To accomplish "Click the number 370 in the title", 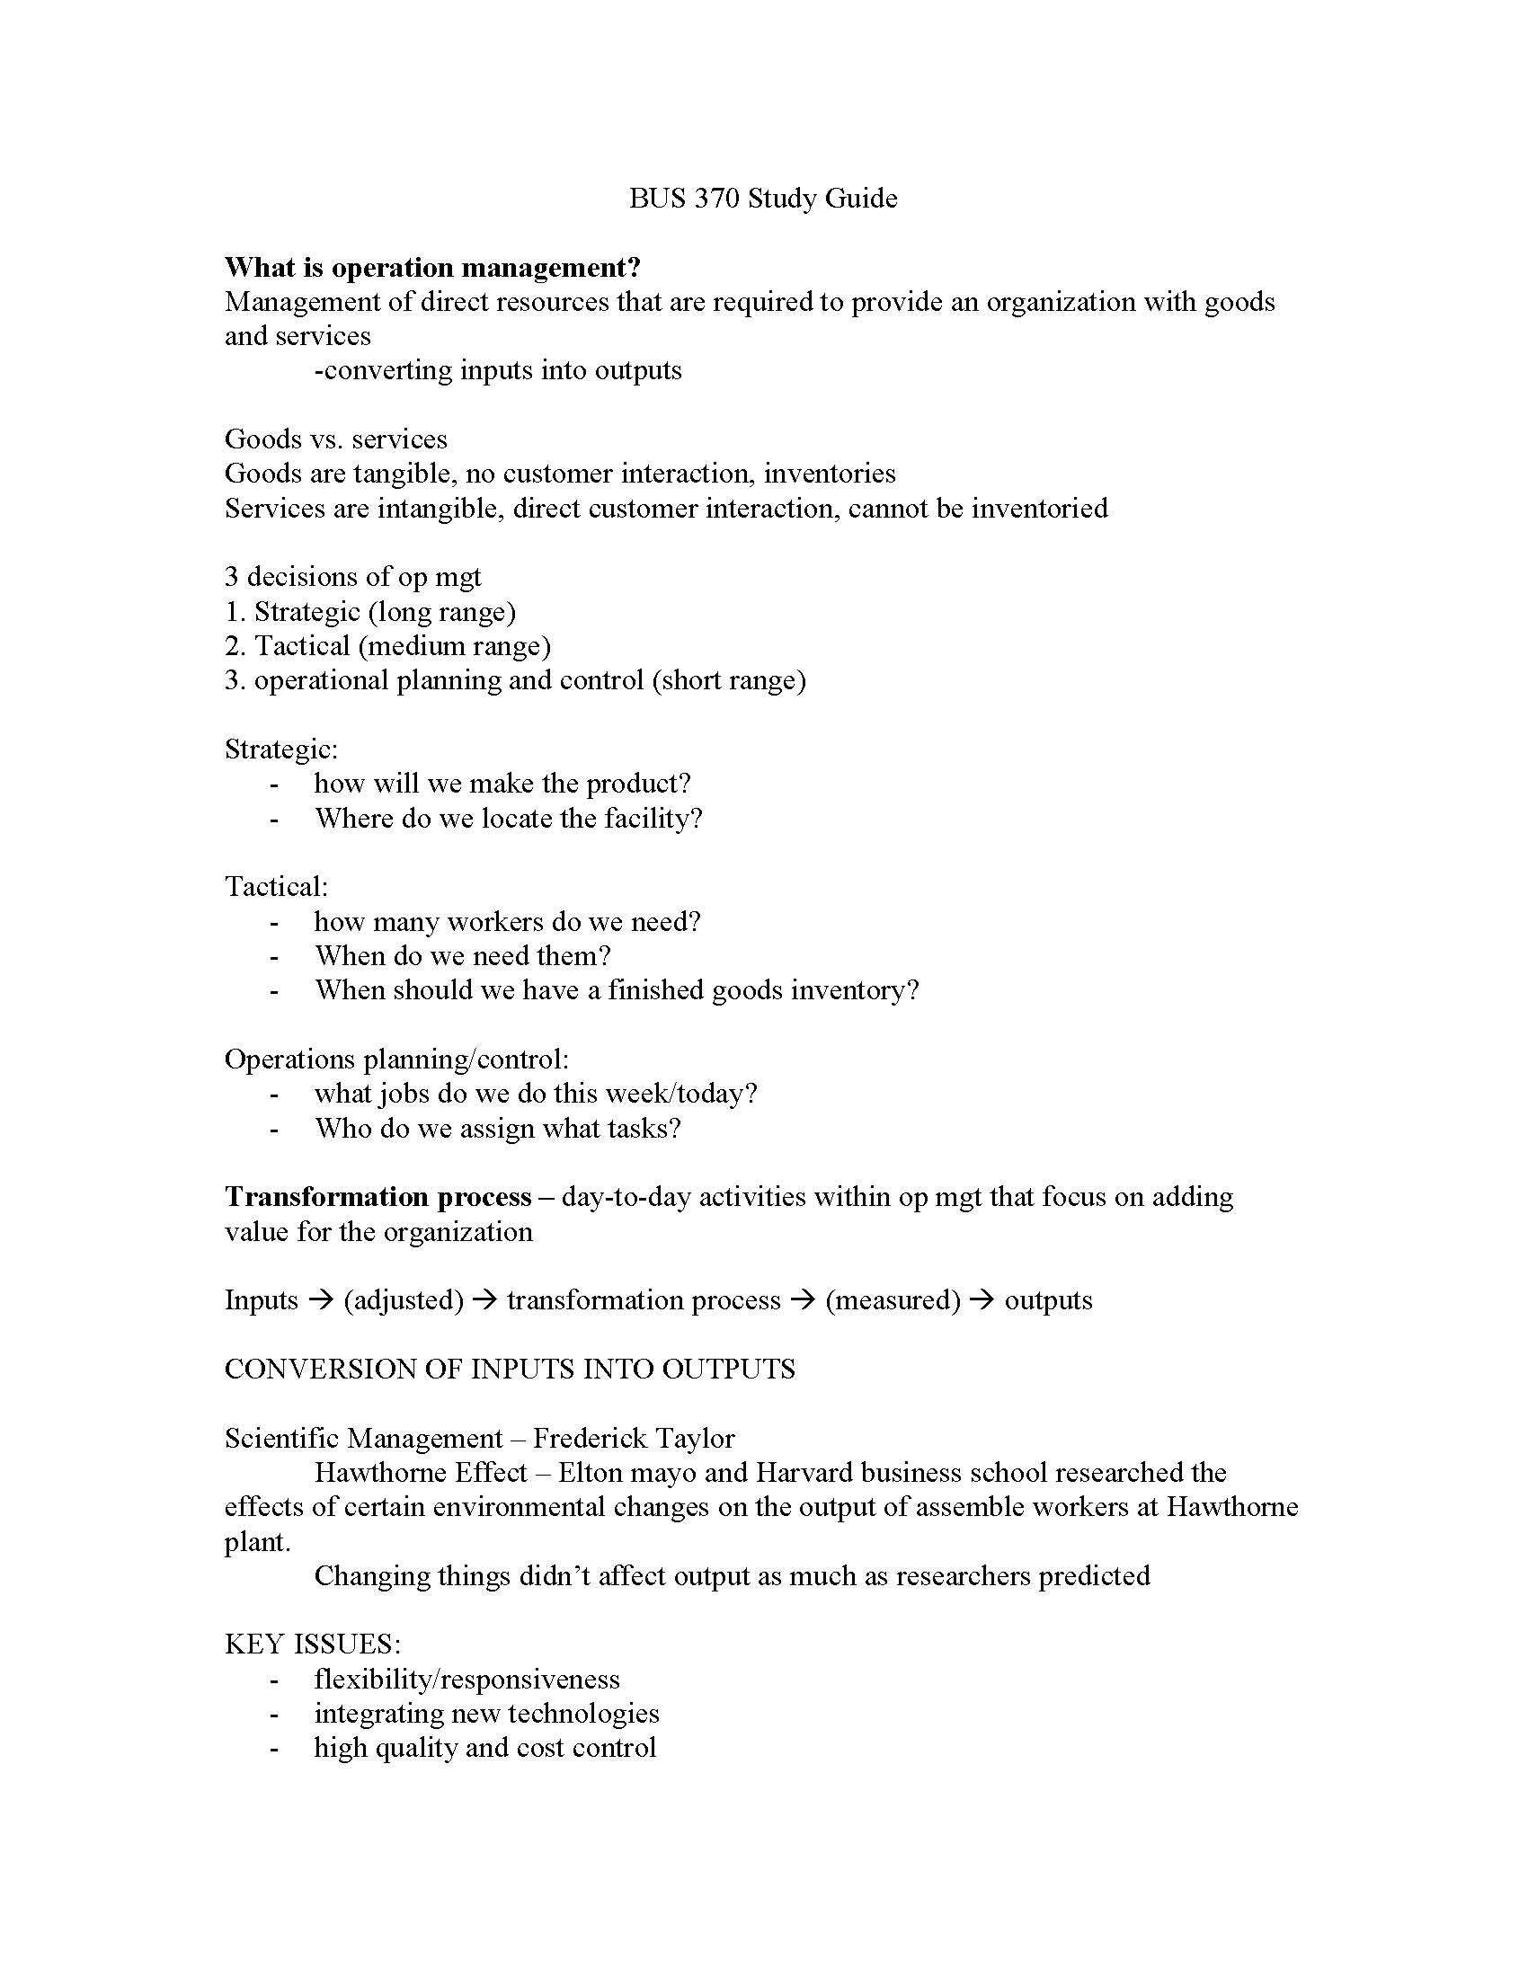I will click(x=717, y=199).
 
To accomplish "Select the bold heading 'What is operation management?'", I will click(x=432, y=268).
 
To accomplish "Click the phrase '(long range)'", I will click(x=441, y=612).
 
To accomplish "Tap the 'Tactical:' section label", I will click(x=276, y=887).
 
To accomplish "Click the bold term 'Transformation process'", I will click(x=378, y=1198).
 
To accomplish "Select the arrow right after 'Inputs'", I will click(x=321, y=1301).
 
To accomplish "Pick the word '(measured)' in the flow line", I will click(x=893, y=1301).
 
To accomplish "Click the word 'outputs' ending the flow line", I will click(x=1048, y=1301).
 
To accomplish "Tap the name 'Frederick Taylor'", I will click(x=634, y=1439).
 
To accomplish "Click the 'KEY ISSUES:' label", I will click(x=312, y=1645).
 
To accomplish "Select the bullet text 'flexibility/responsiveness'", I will click(x=467, y=1680).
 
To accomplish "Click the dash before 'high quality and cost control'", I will click(x=273, y=1749).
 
